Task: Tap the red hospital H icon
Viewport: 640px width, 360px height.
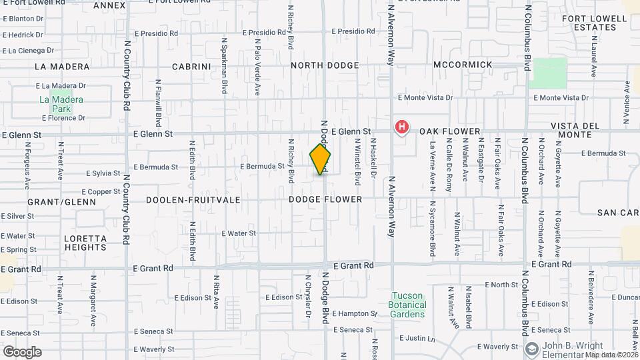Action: (x=402, y=127)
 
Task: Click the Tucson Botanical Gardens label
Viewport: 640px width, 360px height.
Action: (x=407, y=305)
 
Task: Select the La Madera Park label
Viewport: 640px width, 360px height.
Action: (x=55, y=104)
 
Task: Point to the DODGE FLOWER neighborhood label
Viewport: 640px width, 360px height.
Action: (x=325, y=199)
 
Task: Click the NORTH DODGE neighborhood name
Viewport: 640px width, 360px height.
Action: (x=325, y=65)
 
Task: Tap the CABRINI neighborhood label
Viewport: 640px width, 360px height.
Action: (x=191, y=66)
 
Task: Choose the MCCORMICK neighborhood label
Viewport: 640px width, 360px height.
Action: (x=463, y=65)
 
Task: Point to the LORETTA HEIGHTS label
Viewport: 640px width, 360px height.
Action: (x=85, y=243)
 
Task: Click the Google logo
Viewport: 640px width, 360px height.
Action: (x=22, y=352)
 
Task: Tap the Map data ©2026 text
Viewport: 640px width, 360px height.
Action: (x=612, y=355)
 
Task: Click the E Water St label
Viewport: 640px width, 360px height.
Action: (x=238, y=233)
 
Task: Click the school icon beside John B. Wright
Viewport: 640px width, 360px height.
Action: (x=531, y=349)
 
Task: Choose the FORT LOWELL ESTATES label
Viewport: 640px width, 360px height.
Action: (x=589, y=23)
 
